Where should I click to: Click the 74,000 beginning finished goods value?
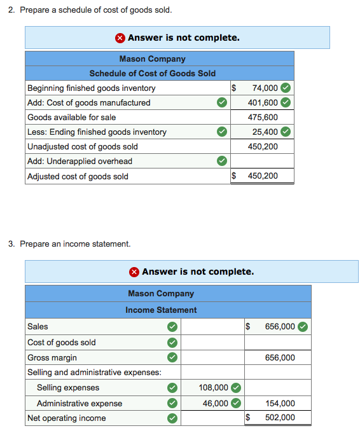click(265, 88)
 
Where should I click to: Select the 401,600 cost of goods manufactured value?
click(263, 102)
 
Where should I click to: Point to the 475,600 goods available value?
click(263, 117)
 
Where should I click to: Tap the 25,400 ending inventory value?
click(265, 132)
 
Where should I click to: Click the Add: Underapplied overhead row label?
click(80, 161)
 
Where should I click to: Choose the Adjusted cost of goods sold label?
click(78, 176)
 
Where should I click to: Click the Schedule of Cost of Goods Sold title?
click(152, 73)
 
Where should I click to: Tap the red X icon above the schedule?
click(120, 38)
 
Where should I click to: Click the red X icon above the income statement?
click(134, 271)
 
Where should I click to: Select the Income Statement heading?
click(161, 310)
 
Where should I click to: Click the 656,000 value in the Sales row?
click(280, 326)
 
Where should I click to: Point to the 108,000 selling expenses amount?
click(214, 387)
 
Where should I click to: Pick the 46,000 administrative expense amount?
click(216, 403)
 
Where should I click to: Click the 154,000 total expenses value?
click(280, 403)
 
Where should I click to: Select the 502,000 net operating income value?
click(280, 418)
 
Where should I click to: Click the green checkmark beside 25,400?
click(286, 132)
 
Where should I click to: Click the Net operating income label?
click(66, 418)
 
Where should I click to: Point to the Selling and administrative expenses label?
click(93, 372)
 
